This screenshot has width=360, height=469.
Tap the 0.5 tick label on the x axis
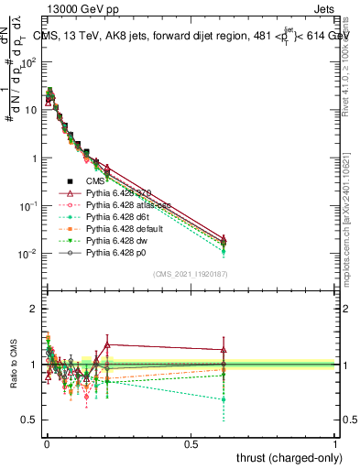[x=191, y=443]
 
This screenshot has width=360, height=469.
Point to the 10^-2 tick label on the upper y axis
[x=27, y=254]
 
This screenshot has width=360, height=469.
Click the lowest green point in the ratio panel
[x=223, y=399]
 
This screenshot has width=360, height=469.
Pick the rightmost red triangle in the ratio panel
[x=223, y=350]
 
